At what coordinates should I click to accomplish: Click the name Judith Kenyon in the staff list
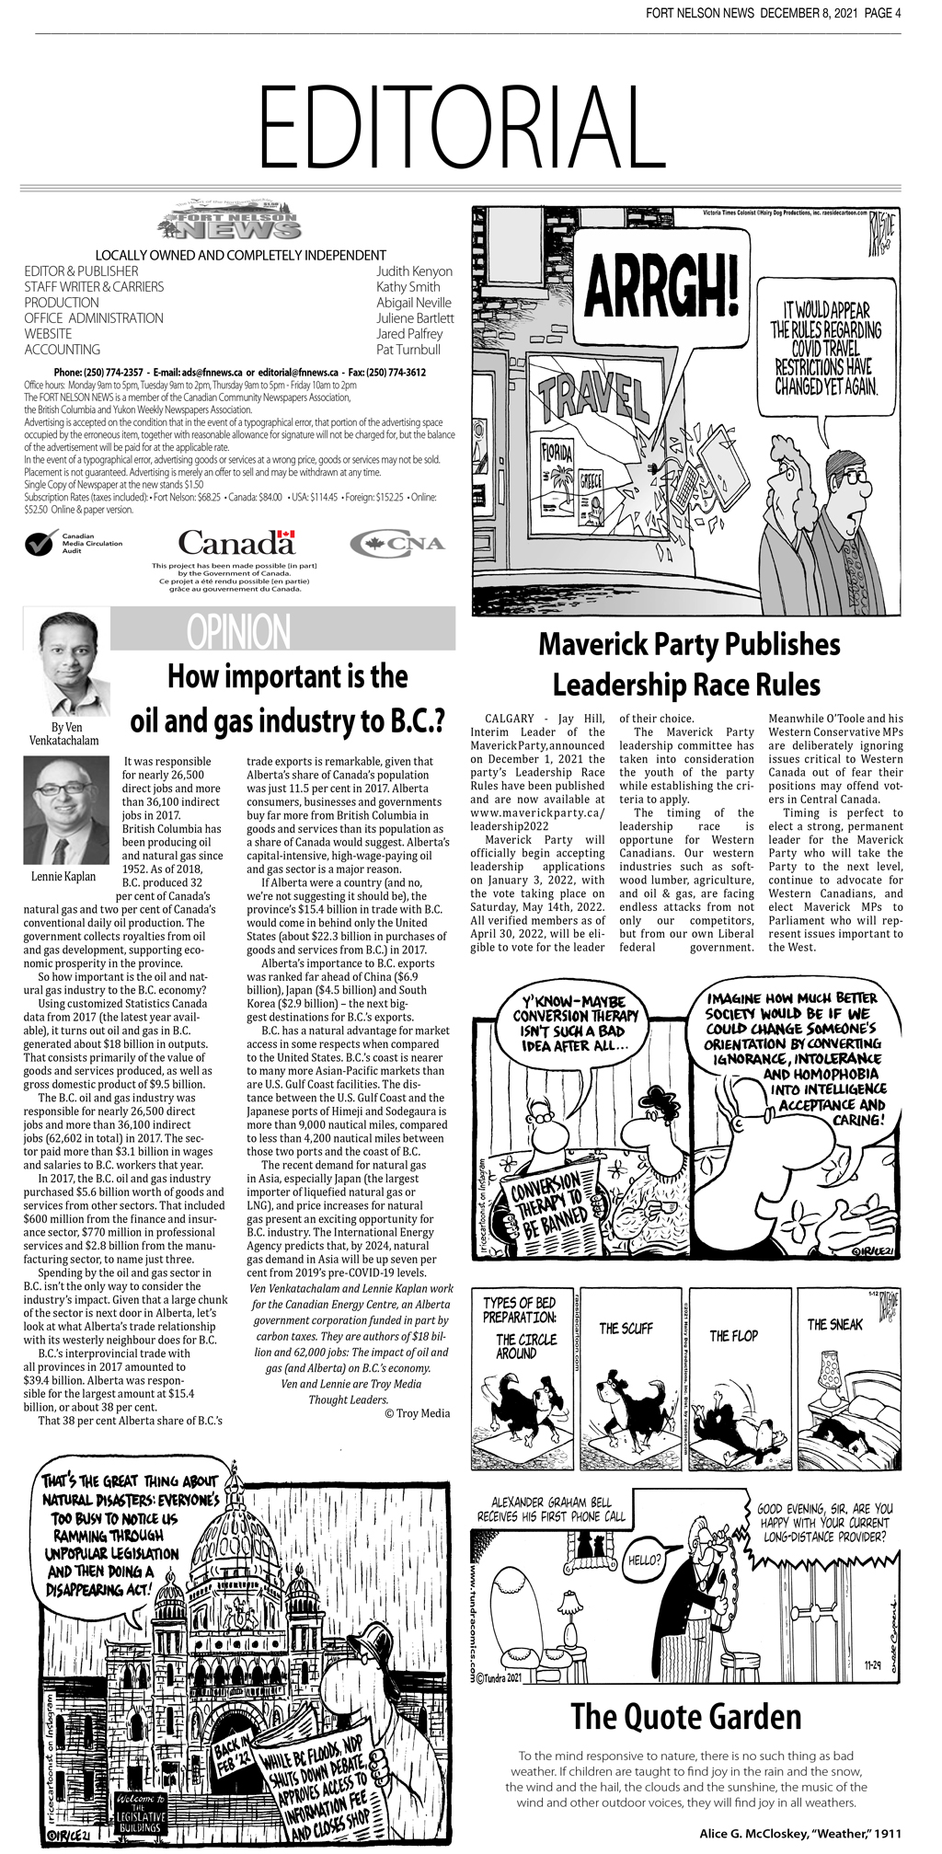[414, 271]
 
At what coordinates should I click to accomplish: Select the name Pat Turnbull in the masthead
[408, 350]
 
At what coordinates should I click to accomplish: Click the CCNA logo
[396, 543]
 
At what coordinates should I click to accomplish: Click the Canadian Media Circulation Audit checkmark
[39, 544]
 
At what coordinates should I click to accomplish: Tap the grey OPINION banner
[282, 630]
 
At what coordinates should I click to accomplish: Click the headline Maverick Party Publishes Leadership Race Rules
[688, 664]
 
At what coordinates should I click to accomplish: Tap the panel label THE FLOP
[733, 1335]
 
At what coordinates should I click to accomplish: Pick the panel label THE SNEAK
[834, 1324]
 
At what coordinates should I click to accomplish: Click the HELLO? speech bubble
[645, 1560]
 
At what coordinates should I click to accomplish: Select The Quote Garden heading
[685, 1717]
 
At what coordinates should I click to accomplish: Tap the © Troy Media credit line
[417, 1413]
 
